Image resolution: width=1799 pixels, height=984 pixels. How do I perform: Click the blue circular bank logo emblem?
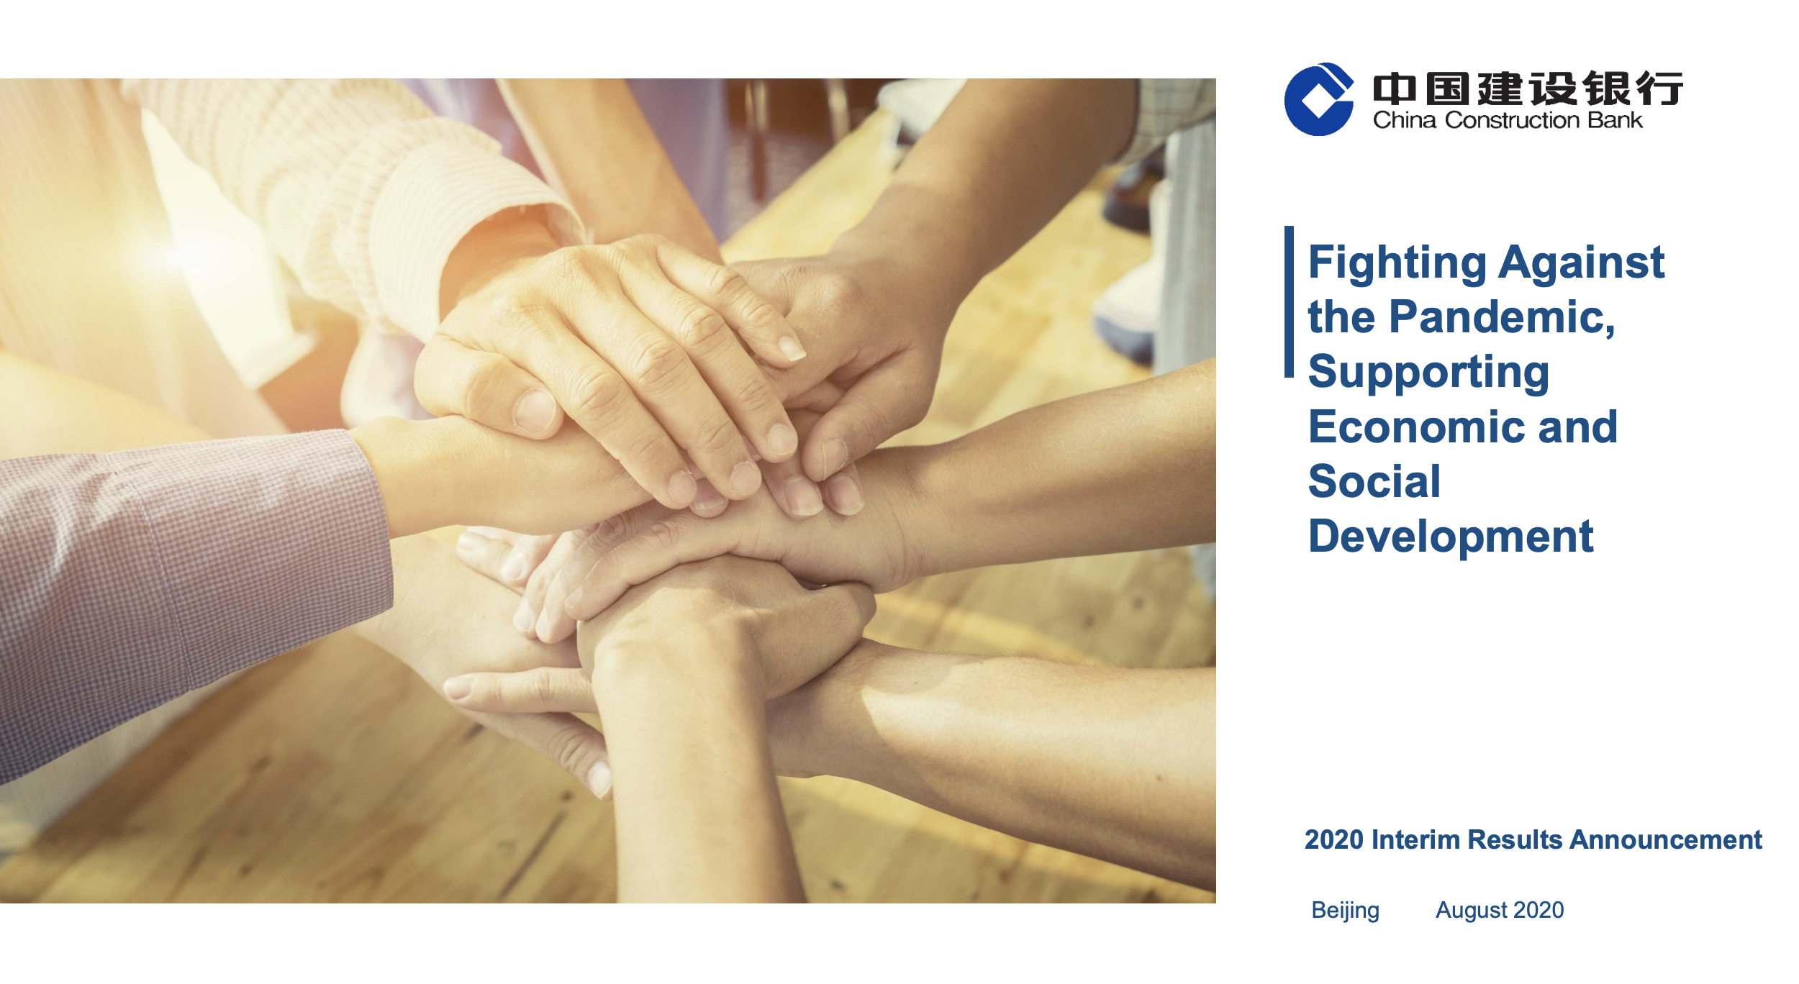pos(1318,99)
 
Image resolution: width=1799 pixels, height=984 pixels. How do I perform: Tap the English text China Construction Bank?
pos(1508,120)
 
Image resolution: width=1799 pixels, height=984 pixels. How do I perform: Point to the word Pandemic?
pos(1502,317)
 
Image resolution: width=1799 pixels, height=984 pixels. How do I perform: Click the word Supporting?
pos(1428,373)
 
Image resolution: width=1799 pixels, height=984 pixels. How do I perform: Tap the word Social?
pos(1374,481)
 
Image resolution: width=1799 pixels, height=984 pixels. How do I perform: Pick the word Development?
pos(1451,538)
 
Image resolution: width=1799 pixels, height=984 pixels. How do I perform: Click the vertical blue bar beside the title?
pos(1289,301)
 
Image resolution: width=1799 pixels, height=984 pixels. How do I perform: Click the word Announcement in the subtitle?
pos(1666,840)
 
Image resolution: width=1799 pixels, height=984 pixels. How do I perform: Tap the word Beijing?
pos(1345,911)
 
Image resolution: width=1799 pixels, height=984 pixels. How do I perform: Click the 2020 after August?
pos(1536,910)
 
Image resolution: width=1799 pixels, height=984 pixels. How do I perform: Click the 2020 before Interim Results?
pos(1334,840)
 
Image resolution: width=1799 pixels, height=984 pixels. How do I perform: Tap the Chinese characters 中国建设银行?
pos(1528,88)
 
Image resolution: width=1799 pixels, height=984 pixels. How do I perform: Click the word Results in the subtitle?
pos(1515,840)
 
